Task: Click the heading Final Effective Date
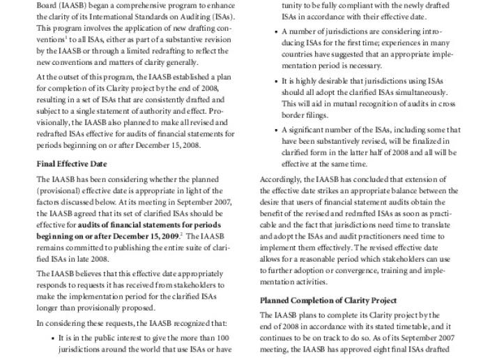click(71, 165)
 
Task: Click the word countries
click(297, 54)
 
